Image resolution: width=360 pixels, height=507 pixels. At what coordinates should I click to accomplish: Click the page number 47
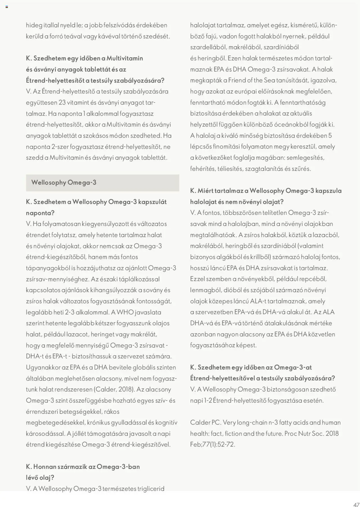[x=356, y=504]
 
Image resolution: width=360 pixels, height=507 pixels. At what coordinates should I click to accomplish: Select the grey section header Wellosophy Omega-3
[x=64, y=182]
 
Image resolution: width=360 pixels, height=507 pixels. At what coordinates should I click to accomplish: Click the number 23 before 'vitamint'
[x=62, y=102]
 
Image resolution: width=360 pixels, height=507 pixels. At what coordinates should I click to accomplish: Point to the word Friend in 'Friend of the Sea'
[x=237, y=80]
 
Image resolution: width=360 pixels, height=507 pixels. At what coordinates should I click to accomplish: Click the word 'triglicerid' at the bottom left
[x=151, y=488]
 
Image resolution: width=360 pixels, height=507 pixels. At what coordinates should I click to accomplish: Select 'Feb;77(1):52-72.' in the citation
[x=213, y=444]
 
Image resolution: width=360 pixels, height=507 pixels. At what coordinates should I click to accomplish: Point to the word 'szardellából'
[x=208, y=47]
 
